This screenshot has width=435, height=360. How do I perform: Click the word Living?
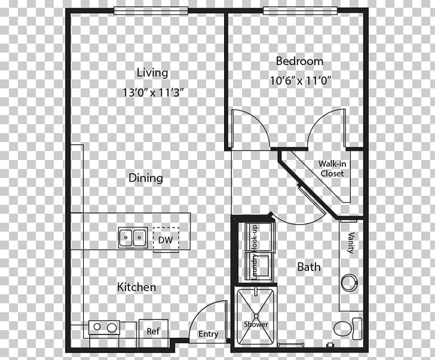[152, 73]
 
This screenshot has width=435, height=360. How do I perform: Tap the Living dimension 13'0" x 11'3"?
[152, 93]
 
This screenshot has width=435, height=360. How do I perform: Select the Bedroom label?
[299, 61]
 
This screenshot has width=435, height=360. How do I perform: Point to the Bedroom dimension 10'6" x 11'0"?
[299, 79]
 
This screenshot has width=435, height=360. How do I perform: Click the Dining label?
[146, 178]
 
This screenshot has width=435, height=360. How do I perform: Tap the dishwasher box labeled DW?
[165, 239]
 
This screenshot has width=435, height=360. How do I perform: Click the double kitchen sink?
[133, 237]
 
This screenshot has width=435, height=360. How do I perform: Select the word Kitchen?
[136, 287]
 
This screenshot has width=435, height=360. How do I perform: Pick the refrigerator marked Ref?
[153, 330]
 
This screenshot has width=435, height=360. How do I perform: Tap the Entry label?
[208, 334]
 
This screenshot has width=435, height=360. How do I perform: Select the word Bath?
[309, 267]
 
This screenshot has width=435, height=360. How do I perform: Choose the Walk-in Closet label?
[330, 168]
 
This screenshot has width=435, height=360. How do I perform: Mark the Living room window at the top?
[151, 10]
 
